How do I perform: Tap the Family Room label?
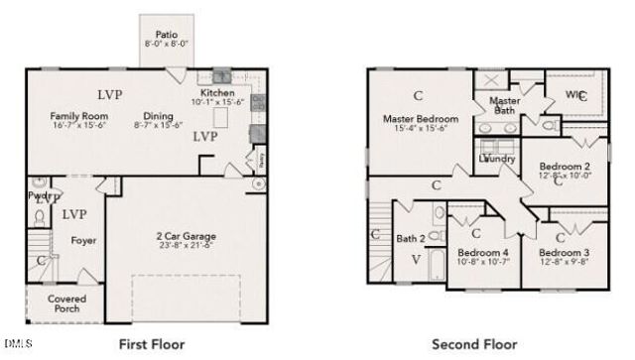79,116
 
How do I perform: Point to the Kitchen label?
216,93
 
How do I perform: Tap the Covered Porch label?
66,303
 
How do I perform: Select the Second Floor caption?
473,344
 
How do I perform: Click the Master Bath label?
504,105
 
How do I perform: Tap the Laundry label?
496,159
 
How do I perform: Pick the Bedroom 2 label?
566,166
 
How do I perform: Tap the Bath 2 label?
411,239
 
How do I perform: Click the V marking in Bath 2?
416,260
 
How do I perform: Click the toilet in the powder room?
41,216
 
